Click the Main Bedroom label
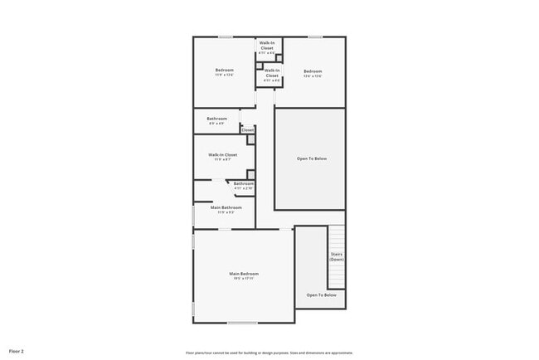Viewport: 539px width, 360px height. point(244,274)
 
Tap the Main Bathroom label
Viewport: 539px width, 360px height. point(225,207)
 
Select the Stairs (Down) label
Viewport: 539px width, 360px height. point(337,256)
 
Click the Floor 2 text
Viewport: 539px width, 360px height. point(17,351)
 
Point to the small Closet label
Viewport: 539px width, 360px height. point(247,130)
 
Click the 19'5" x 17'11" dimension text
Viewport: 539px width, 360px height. point(244,280)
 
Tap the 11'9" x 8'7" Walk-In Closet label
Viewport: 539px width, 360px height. point(223,155)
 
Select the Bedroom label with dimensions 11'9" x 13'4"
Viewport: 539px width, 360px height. point(224,70)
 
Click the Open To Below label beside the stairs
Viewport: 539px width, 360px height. point(321,295)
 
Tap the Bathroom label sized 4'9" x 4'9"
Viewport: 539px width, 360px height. point(216,119)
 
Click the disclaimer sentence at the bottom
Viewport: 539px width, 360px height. point(269,352)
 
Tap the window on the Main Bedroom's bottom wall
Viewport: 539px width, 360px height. point(242,323)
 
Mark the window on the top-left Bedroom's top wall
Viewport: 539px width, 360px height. point(225,36)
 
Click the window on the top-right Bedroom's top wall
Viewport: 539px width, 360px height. point(315,36)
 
